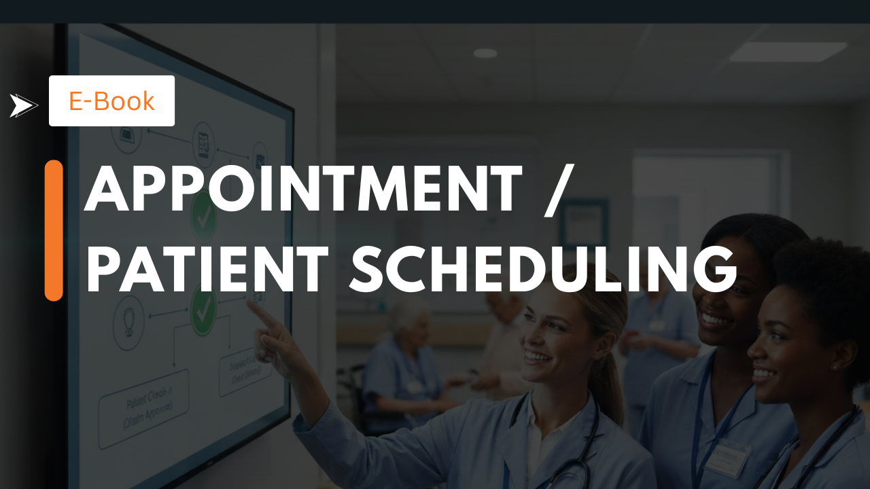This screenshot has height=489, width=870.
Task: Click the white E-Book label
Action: pyautogui.click(x=111, y=101)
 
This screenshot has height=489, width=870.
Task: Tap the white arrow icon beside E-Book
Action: pyautogui.click(x=23, y=105)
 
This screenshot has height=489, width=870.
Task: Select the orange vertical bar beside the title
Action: pyautogui.click(x=54, y=230)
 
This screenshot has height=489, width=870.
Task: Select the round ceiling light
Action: pyautogui.click(x=485, y=53)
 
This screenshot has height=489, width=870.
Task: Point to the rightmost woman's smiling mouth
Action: pyautogui.click(x=764, y=374)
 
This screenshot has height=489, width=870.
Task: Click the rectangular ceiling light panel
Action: pyautogui.click(x=788, y=52)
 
